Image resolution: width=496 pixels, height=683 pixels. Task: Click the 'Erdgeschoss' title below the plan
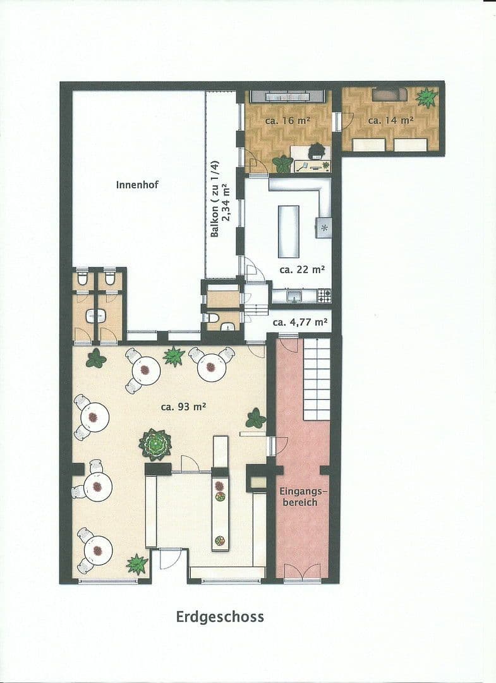coord(220,617)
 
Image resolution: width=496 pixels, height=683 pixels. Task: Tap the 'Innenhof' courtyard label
coord(137,185)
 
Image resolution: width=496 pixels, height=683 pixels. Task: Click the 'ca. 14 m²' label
coord(390,120)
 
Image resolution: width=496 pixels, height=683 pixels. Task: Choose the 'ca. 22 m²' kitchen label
coord(302,269)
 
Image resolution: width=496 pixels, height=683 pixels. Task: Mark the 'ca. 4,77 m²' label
coord(300,322)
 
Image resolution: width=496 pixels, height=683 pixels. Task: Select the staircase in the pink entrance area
coord(317,379)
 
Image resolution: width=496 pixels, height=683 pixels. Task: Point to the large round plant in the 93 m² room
coord(155,444)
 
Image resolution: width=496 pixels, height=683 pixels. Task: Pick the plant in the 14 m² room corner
coord(426,97)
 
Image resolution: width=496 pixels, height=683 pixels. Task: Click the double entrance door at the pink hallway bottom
coord(302,574)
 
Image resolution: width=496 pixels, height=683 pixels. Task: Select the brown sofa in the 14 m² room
coord(389,94)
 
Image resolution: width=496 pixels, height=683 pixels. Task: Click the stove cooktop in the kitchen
coord(324,295)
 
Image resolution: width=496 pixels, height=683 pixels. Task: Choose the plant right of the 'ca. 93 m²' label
coord(255,418)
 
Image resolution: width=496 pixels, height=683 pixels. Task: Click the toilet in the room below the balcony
coord(214,318)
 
